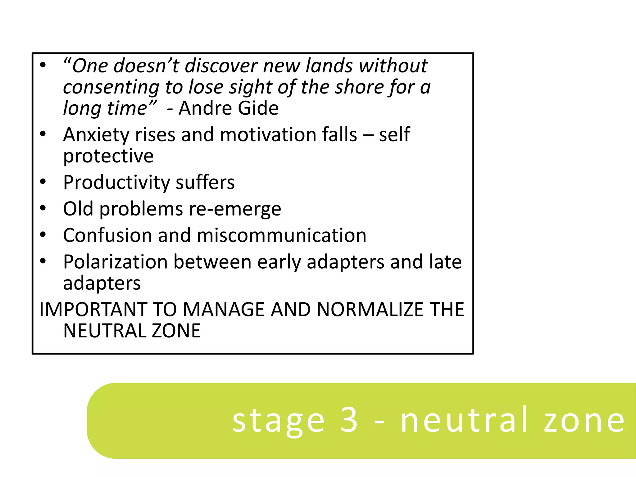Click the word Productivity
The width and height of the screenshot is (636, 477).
tap(116, 183)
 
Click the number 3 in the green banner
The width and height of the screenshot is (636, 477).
tap(349, 420)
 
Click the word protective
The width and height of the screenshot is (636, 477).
tap(108, 156)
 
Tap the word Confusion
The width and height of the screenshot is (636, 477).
tap(107, 235)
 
